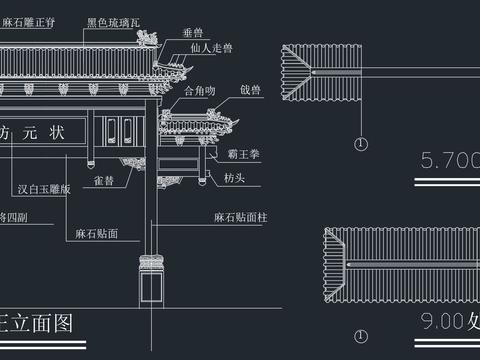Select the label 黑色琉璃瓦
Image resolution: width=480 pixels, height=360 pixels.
(112, 20)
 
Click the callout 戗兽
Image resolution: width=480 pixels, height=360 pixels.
(249, 91)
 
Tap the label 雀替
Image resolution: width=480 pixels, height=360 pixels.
(102, 181)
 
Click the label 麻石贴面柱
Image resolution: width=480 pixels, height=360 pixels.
(240, 217)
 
